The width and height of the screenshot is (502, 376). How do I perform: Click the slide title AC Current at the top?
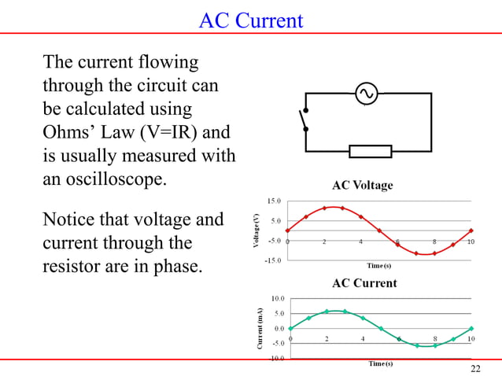point(250,20)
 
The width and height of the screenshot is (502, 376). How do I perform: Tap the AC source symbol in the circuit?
point(365,94)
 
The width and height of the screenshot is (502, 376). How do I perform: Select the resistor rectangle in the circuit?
point(370,151)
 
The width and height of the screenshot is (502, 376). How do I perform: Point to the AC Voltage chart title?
point(363,186)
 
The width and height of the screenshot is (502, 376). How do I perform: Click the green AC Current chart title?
point(364,282)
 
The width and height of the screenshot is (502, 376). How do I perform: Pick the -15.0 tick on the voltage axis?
point(272,260)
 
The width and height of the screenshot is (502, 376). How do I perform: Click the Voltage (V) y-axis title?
point(256,231)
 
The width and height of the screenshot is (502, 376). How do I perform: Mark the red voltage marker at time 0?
point(288,231)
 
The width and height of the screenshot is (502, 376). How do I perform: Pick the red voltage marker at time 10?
point(471,231)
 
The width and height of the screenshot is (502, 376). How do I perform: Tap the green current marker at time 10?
point(471,329)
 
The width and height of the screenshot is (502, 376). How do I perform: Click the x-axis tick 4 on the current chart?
point(363,339)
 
